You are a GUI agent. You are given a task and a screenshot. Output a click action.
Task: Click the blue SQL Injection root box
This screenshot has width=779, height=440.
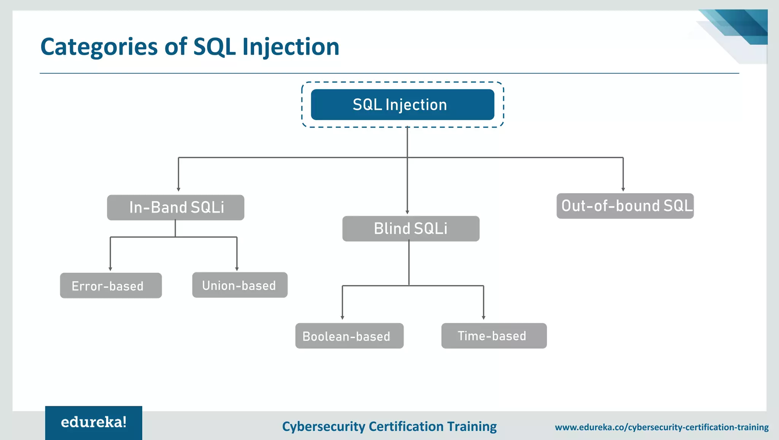point(402,105)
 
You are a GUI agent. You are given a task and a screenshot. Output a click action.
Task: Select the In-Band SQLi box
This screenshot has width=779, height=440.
point(175,208)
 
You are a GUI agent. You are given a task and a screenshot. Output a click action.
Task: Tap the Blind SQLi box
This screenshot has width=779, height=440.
point(411,229)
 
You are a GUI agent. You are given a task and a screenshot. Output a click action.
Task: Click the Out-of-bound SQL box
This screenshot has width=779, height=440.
point(625,206)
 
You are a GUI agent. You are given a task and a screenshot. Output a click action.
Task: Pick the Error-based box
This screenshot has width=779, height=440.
point(111,286)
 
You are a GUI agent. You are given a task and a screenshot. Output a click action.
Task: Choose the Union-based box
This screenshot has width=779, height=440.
point(240,285)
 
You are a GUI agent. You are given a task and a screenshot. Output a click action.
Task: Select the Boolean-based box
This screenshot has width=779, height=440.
point(349,336)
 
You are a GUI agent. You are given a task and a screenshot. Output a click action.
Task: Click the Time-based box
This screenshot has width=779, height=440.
point(494,336)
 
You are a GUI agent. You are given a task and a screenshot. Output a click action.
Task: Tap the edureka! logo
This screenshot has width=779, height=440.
point(94,423)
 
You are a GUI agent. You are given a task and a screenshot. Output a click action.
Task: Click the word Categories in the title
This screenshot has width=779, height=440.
point(99,47)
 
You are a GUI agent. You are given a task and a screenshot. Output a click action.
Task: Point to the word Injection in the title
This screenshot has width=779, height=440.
point(291,47)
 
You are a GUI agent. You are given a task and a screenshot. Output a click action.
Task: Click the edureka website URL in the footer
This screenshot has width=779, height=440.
point(661,427)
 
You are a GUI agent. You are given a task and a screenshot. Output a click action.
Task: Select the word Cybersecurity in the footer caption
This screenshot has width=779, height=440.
point(323,427)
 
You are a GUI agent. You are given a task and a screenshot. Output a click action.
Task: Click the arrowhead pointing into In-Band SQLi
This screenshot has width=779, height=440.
point(178,189)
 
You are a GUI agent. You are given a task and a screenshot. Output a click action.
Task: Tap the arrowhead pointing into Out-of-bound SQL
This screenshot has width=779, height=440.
point(623,189)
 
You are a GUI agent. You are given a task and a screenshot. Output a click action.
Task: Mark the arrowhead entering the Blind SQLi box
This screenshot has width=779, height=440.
point(407,212)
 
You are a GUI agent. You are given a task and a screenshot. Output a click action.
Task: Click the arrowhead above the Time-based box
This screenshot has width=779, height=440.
point(483,317)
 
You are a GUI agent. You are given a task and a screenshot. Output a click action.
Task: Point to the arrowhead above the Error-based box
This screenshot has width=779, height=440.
point(110,268)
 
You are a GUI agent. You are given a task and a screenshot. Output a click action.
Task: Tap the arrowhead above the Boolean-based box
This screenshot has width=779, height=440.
point(342,317)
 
